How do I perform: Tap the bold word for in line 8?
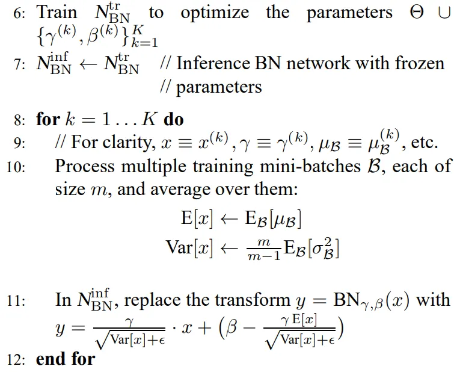tap(48, 119)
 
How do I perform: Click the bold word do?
tap(174, 119)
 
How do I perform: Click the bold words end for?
tap(66, 359)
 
